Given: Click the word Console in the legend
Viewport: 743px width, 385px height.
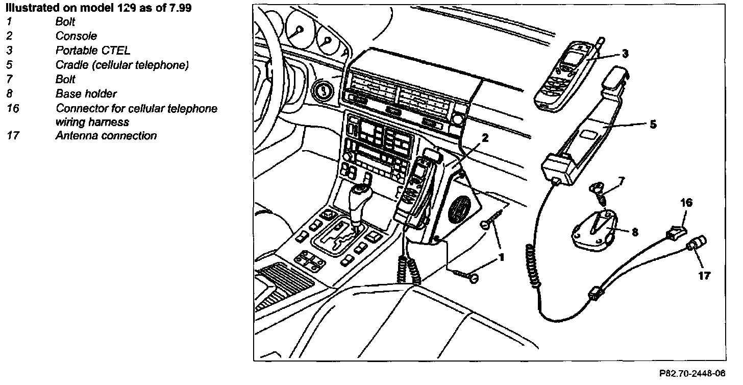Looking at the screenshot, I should coord(76,36).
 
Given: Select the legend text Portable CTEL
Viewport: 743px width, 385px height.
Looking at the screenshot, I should coord(93,51).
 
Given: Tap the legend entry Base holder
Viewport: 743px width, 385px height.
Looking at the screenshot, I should coord(86,94).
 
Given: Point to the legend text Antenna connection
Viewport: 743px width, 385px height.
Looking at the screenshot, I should coord(106,136).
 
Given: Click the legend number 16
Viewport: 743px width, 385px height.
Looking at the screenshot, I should coord(13,109).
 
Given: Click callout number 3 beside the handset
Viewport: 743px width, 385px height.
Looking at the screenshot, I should coord(625,53).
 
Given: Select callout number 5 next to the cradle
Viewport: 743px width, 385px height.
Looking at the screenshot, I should coord(653,124).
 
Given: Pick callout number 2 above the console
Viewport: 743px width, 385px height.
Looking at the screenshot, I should coord(485,137).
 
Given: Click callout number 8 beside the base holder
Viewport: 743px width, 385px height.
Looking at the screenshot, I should coord(634,232).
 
